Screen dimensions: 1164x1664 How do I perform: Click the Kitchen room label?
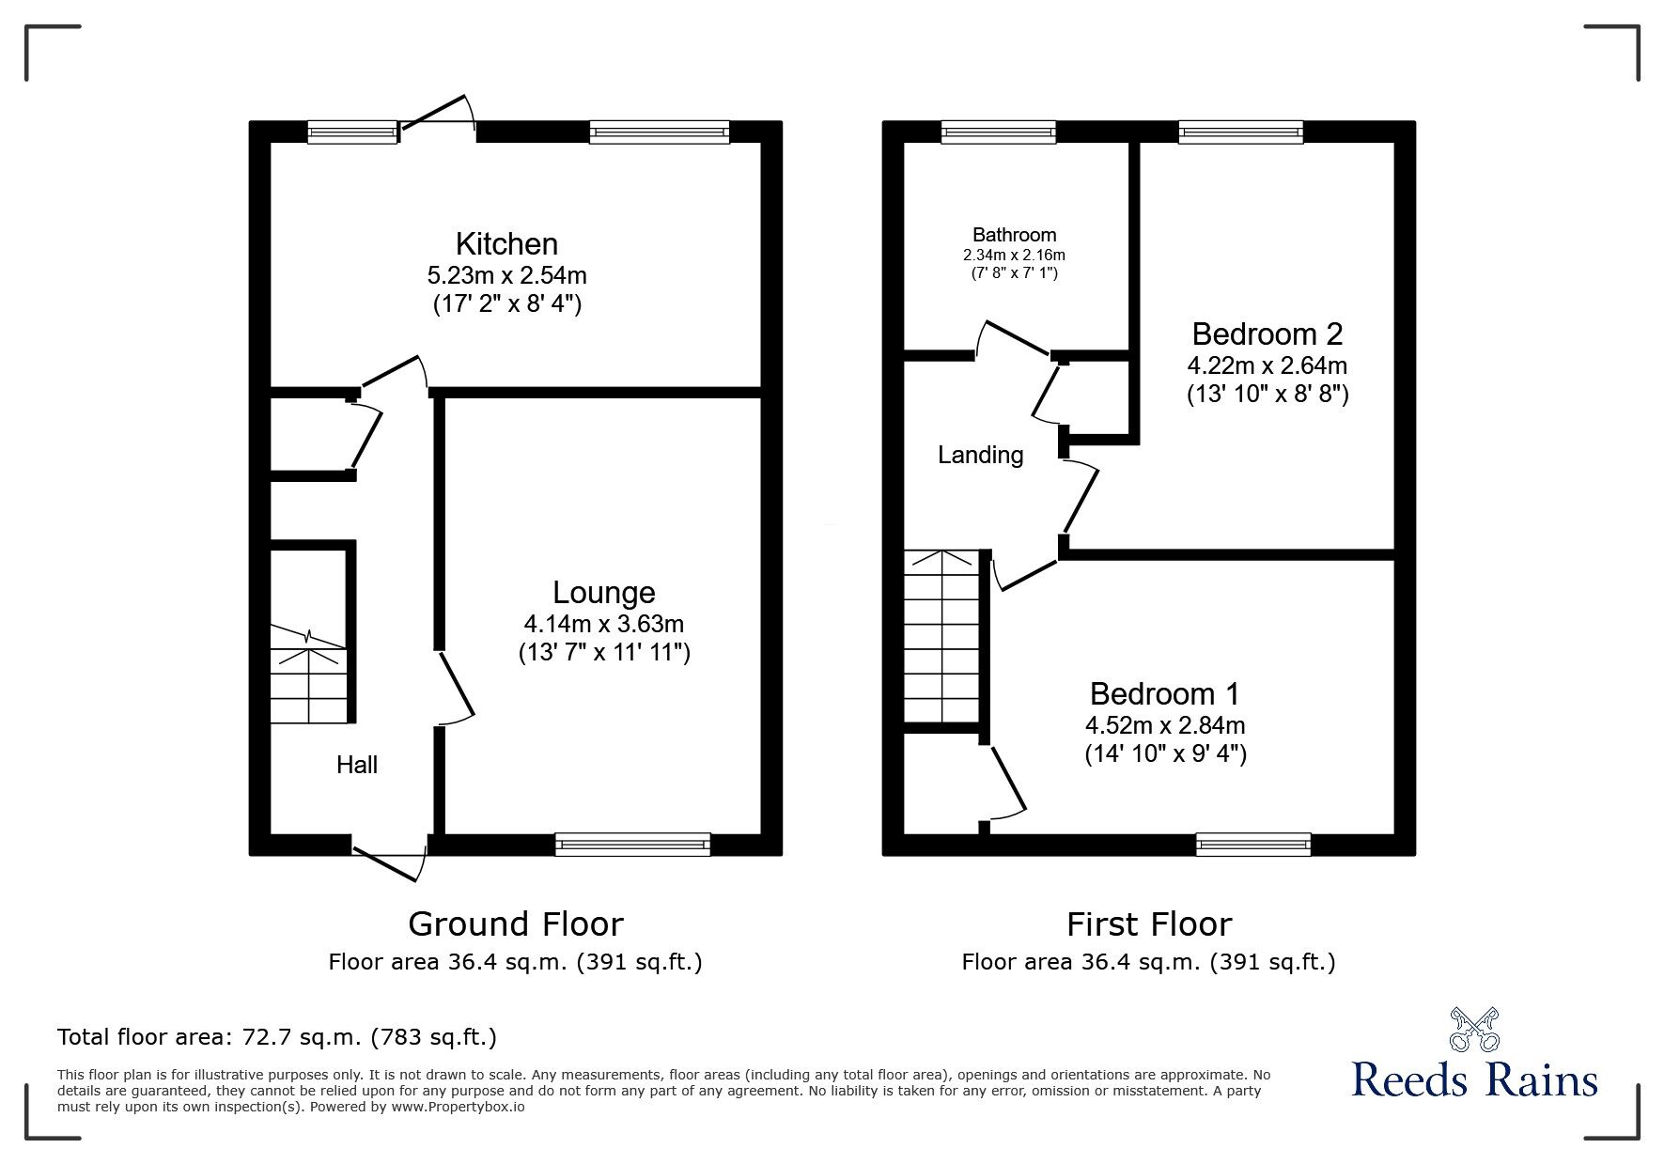click(506, 244)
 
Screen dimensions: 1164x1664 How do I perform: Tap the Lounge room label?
click(603, 593)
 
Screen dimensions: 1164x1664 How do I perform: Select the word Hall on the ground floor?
click(357, 765)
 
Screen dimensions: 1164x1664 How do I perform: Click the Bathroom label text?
click(1014, 235)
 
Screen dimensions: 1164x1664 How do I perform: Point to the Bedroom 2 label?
click(1267, 334)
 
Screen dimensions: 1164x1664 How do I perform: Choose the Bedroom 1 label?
click(1164, 694)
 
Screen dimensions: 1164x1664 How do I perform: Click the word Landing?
click(980, 456)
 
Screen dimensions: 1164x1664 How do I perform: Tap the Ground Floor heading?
click(515, 924)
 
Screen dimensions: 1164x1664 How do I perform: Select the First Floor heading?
click(1148, 924)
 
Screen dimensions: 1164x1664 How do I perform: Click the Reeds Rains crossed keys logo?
click(1474, 1030)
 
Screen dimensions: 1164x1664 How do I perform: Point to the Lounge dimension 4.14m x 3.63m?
click(603, 624)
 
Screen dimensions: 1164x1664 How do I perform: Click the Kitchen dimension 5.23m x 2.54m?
click(506, 275)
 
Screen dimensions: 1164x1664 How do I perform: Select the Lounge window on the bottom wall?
click(632, 845)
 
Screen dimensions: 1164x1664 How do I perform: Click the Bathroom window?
click(998, 132)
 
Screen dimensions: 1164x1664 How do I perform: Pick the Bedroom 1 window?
click(1252, 845)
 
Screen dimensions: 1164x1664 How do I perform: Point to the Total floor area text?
click(277, 1037)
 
